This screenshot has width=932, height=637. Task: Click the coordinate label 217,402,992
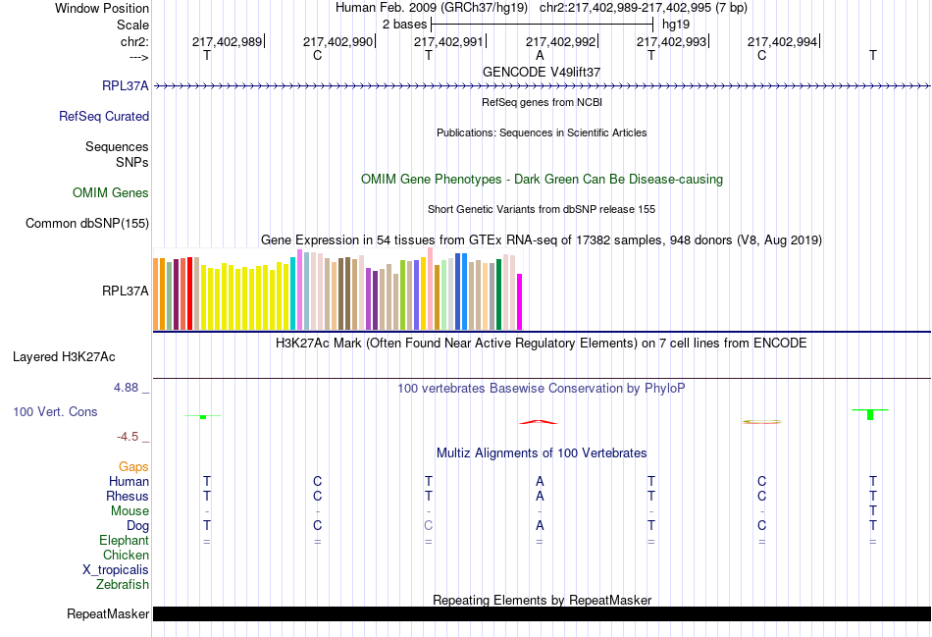tap(560, 41)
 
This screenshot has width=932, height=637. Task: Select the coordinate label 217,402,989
tap(227, 41)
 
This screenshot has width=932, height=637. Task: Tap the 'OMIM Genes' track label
tap(111, 193)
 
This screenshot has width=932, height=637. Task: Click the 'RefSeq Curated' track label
tap(104, 117)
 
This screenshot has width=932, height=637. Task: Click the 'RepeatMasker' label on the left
tap(108, 614)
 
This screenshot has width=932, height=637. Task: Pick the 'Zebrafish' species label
tap(123, 585)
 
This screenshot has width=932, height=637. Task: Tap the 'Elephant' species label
tap(124, 541)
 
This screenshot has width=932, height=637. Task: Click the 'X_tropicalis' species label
tap(116, 570)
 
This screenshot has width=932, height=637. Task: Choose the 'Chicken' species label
tap(126, 556)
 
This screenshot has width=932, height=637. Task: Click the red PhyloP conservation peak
tap(539, 422)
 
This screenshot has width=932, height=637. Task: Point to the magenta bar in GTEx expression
tap(520, 302)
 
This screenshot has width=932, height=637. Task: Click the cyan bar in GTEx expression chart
tap(293, 294)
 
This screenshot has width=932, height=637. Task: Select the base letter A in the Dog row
tap(540, 526)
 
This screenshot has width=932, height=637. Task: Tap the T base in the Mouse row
tap(872, 511)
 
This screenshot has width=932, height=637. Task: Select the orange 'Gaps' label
tap(133, 467)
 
